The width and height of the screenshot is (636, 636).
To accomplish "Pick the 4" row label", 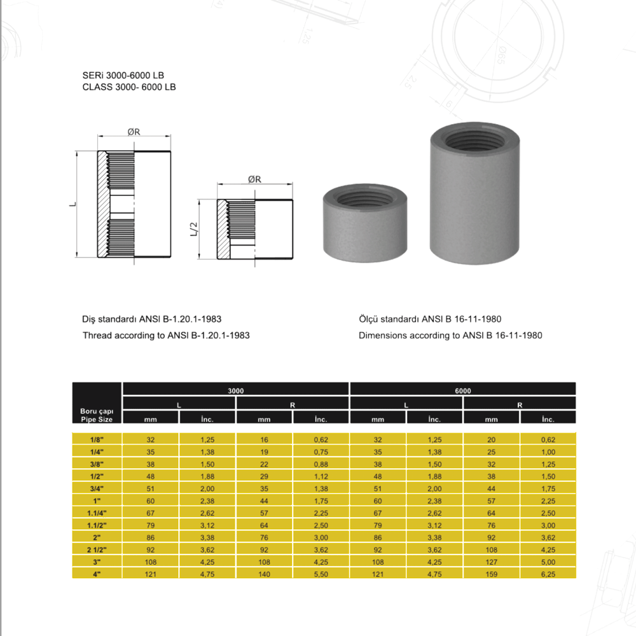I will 97,574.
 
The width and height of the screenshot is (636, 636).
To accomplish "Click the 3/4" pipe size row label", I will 97,488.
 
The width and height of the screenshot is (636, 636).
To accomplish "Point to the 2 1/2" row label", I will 97,550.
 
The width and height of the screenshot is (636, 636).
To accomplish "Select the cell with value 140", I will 264,574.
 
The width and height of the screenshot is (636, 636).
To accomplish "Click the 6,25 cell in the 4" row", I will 548,574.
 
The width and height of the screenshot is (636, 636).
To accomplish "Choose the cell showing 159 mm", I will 491,574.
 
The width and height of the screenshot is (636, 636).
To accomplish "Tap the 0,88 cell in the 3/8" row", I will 321,464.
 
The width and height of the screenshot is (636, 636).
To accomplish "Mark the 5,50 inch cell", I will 321,574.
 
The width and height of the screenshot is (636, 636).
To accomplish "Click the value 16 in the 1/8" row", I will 264,439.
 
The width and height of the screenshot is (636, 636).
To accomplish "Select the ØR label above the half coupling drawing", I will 254,179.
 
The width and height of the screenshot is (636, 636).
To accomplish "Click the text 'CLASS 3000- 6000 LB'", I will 129,88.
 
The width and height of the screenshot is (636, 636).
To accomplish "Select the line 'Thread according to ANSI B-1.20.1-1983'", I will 166,335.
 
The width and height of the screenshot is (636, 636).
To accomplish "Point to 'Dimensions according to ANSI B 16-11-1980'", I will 450,335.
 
